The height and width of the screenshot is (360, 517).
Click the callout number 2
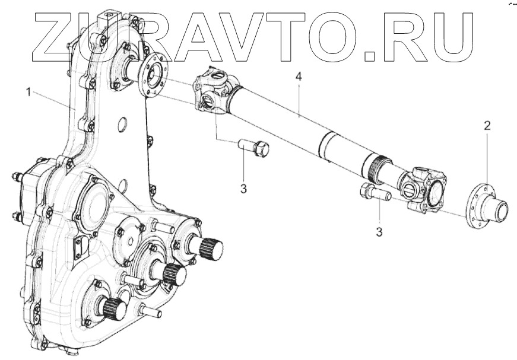tap(487, 125)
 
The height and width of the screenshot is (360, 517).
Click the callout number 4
tap(299, 78)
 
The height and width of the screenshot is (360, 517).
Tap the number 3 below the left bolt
tap(243, 189)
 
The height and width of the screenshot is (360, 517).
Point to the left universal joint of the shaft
tap(213, 91)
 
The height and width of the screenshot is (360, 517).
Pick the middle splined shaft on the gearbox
tap(173, 273)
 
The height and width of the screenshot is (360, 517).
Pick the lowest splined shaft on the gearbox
tap(114, 308)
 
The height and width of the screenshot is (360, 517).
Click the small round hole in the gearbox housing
tap(123, 125)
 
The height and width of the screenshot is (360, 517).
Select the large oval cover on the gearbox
tap(94, 202)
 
